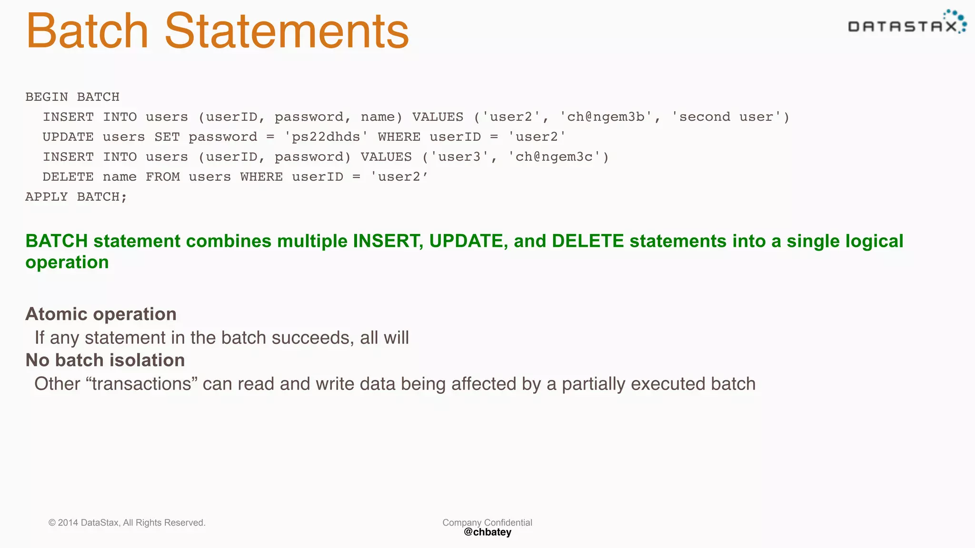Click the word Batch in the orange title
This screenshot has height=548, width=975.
point(88,31)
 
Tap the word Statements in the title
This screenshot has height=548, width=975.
point(287,31)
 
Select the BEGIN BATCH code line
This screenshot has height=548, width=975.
point(72,97)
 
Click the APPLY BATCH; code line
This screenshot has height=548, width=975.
point(76,197)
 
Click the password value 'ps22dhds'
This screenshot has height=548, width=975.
point(326,137)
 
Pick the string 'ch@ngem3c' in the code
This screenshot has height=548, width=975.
point(554,157)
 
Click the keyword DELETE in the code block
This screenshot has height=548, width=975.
point(68,177)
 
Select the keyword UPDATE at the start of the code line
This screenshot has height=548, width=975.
point(68,137)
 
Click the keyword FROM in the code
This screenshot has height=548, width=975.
point(163,177)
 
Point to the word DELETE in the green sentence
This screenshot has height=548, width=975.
point(587,241)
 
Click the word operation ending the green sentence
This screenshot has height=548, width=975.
point(67,263)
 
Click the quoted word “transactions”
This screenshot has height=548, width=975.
point(141,384)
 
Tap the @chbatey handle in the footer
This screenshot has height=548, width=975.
point(487,532)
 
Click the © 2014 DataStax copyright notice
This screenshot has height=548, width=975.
point(127,523)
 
